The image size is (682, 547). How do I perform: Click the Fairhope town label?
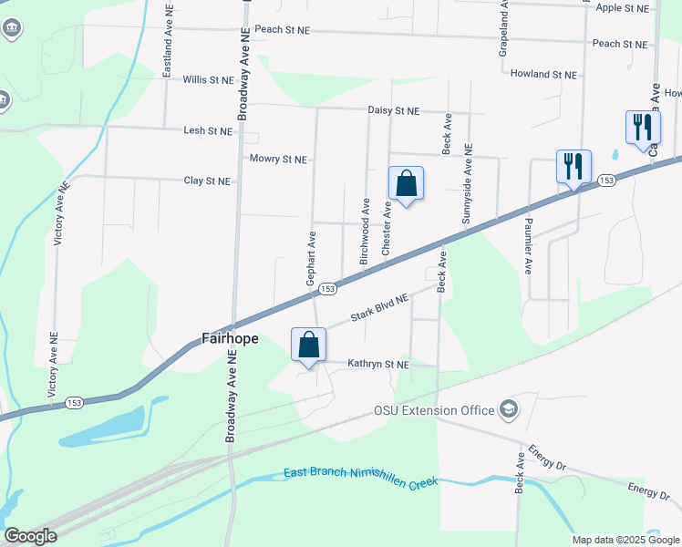coord(229,339)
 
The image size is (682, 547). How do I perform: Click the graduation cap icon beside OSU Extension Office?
coord(508,410)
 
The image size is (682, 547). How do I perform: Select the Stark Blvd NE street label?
coord(380,310)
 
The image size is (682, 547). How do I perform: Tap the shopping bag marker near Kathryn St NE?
coord(308,346)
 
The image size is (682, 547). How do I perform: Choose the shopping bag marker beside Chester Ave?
coord(406,184)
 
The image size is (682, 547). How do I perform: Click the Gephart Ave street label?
coord(311,258)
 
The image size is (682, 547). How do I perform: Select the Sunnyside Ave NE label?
coord(467,183)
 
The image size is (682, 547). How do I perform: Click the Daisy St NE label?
coord(393,110)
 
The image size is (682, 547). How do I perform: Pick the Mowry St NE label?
coord(278,159)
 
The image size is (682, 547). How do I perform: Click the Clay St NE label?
coord(207,181)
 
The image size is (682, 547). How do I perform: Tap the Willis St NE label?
coord(208,80)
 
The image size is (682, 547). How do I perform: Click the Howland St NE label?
coord(543,74)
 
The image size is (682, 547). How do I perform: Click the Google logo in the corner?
coord(30,536)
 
